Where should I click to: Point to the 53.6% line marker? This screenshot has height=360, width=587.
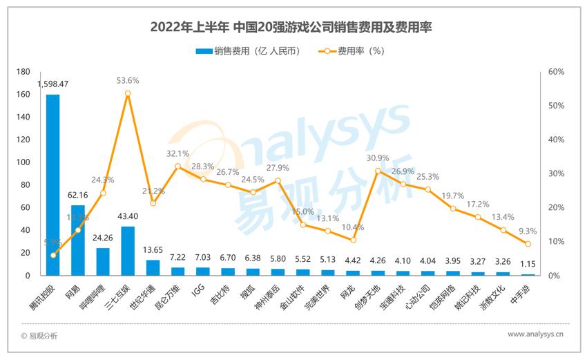point(128,93)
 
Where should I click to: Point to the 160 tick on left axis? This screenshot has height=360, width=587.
point(23,95)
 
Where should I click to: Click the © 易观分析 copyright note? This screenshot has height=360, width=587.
point(39,336)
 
